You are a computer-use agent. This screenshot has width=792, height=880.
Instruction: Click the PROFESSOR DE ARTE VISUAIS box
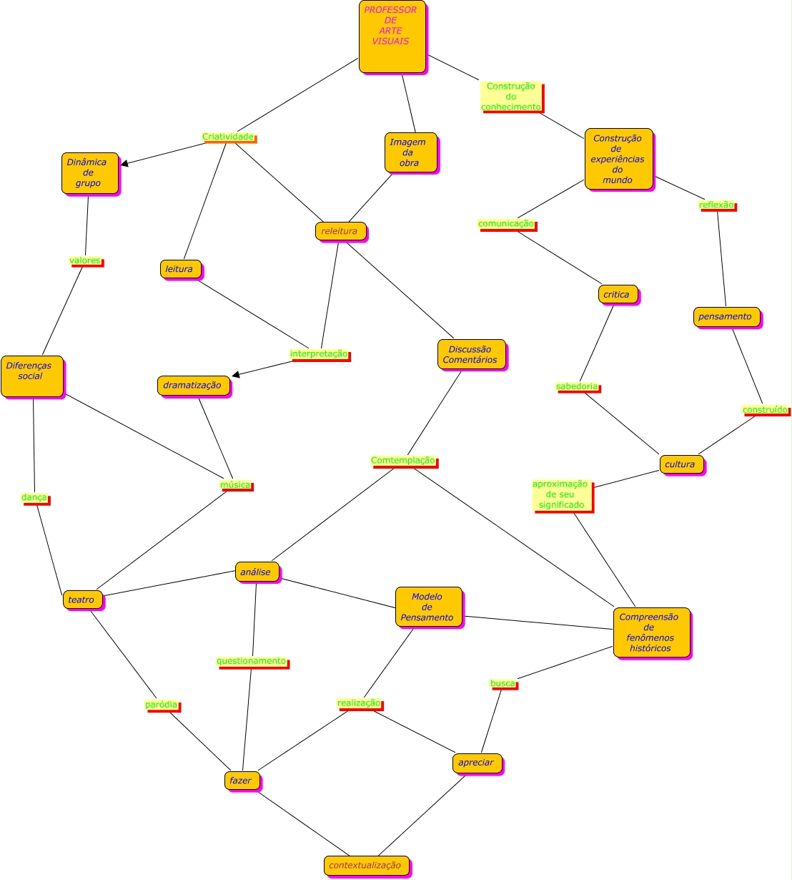point(392,36)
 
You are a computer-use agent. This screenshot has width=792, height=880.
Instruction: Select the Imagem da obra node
point(410,152)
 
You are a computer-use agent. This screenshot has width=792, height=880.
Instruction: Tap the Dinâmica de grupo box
point(89,172)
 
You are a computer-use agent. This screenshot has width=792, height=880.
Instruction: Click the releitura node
point(340,231)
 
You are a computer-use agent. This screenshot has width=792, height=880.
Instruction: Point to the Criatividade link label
point(228,137)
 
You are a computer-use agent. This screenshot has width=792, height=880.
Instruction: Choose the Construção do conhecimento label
point(511,97)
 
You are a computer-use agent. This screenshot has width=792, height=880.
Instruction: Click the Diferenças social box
point(31,376)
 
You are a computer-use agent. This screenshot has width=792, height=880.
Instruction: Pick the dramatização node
point(193,385)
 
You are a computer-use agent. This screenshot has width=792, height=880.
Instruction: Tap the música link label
point(235,485)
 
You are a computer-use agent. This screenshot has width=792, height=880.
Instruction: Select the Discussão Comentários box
point(471,354)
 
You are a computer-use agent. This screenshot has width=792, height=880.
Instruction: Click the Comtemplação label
point(403,461)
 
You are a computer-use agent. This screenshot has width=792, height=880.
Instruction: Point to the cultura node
point(680,464)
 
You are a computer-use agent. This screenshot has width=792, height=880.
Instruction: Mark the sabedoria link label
point(577,387)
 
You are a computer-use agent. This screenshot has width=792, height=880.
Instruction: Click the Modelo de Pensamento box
point(428,607)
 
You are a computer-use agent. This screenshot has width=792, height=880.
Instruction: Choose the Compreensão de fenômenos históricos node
point(650,632)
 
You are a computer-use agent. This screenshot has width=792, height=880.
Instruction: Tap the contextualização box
point(366,865)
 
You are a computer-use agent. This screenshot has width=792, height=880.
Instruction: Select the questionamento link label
point(252,661)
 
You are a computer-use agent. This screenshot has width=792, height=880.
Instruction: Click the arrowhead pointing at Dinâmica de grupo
point(125,164)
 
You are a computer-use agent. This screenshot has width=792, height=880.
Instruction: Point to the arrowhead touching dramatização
point(236,373)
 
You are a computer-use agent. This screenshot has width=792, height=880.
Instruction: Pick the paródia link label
point(162,705)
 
